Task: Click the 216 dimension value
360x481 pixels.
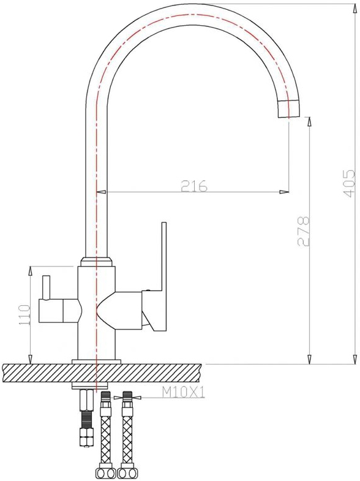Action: coord(194,186)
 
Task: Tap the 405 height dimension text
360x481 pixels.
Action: coord(349,183)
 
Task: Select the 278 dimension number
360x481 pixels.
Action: coord(304,231)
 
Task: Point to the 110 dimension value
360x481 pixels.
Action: coord(24,315)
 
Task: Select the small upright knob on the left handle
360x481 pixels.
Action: coord(46,287)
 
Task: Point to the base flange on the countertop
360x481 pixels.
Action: coord(96,362)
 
